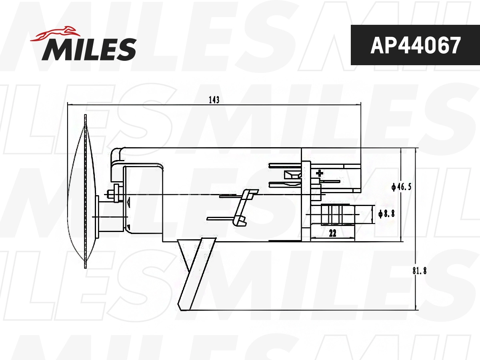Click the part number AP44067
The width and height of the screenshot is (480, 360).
point(415,45)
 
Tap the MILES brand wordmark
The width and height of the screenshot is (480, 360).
point(89,49)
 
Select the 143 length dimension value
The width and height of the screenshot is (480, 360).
point(214,100)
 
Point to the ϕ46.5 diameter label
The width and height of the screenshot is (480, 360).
point(402,187)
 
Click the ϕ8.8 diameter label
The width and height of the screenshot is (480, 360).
point(386,214)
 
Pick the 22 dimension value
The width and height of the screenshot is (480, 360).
point(332,234)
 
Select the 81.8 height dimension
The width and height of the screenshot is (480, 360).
point(419,271)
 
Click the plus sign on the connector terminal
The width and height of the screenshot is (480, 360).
point(319,173)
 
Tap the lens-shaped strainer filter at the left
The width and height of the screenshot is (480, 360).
point(82,192)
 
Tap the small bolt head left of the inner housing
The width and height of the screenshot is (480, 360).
point(116,194)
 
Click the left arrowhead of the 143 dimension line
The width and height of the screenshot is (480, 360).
point(70,105)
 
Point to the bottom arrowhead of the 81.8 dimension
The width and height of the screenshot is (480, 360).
point(416,308)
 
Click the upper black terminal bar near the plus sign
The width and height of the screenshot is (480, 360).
point(285,165)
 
